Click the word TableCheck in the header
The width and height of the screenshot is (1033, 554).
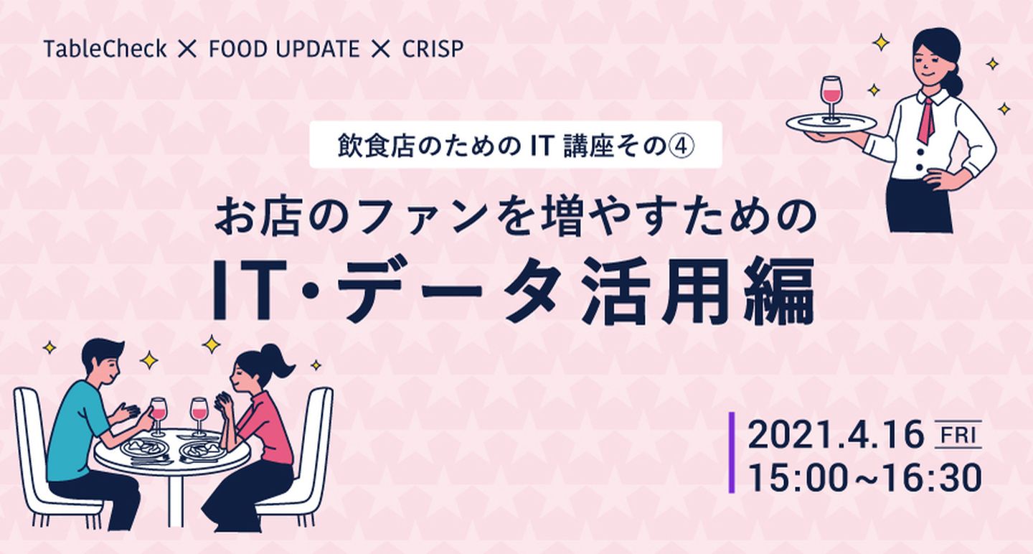[105, 49]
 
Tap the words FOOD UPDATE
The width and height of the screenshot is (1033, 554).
[284, 50]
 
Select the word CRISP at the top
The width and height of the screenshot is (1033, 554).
[433, 50]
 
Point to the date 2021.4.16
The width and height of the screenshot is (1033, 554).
[836, 436]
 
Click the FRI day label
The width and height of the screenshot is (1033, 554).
[958, 435]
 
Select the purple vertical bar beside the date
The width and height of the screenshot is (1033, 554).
[732, 453]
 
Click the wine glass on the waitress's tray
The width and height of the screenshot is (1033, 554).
[831, 99]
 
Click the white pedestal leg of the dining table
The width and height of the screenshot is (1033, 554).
[175, 497]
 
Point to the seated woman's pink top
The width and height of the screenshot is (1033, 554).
[268, 429]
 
